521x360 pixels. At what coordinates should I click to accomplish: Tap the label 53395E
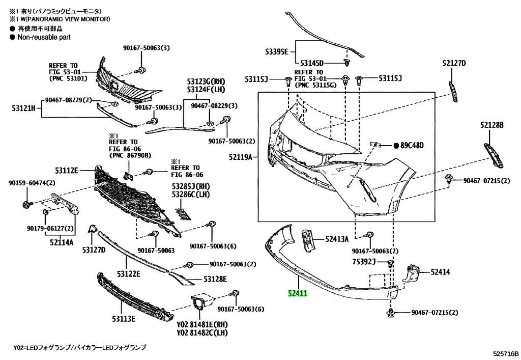tap(276, 51)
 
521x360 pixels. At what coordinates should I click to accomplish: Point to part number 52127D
tap(454, 63)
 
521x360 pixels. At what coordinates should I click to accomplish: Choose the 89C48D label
tap(412, 146)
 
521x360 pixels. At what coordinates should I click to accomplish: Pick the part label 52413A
tap(337, 238)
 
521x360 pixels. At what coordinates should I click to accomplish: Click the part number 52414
tap(441, 272)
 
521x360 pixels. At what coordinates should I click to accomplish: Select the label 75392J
tap(363, 262)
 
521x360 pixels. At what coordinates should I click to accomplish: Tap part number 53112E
tap(67, 170)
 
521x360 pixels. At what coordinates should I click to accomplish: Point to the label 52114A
tap(62, 242)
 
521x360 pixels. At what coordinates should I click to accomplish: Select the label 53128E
tap(215, 279)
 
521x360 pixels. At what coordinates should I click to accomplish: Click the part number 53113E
tap(123, 319)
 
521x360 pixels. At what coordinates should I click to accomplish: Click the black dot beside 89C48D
tap(396, 146)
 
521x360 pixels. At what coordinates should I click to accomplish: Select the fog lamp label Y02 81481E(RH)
tap(202, 324)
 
